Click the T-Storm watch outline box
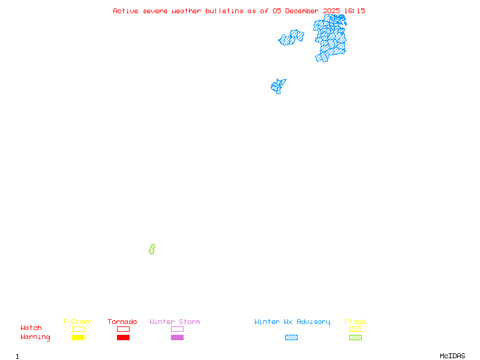click(78, 329)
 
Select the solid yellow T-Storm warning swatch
click(78, 338)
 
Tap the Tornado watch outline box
click(123, 329)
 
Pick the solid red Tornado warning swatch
click(123, 338)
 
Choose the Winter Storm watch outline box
click(177, 329)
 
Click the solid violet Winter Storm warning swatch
click(177, 338)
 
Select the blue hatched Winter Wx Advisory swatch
click(291, 338)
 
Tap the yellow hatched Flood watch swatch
click(355, 329)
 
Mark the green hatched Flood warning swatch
click(355, 338)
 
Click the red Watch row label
click(31, 328)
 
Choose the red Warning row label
click(35, 337)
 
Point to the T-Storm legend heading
click(77, 322)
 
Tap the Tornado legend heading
click(122, 322)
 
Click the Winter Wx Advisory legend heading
click(292, 322)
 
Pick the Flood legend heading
click(355, 322)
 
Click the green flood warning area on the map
click(152, 249)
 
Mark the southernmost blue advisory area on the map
click(278, 86)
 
